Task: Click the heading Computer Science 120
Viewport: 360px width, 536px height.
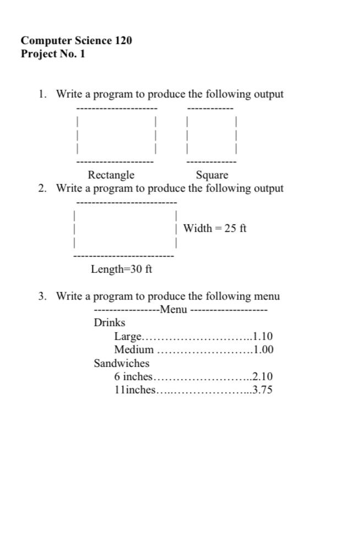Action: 77,41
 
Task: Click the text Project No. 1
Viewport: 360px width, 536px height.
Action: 53,54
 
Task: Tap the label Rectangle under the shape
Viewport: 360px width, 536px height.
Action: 111,175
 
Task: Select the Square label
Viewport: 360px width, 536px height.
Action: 212,175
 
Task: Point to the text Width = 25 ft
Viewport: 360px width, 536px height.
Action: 215,228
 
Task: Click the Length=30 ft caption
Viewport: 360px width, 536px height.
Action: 122,269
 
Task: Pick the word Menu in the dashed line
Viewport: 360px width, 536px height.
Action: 173,310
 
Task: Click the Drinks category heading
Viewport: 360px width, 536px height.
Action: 110,323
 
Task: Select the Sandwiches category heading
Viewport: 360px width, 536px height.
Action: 122,363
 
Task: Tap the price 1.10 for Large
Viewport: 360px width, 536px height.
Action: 263,337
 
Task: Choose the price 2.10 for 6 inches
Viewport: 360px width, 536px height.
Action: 263,377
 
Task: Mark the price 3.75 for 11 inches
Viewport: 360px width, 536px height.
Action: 263,390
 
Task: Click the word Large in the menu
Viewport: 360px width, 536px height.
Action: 128,337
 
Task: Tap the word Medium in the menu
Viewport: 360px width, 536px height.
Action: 134,350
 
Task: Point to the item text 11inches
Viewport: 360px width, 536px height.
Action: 135,390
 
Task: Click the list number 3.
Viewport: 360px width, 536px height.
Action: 42,296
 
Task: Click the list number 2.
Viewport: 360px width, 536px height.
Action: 42,188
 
